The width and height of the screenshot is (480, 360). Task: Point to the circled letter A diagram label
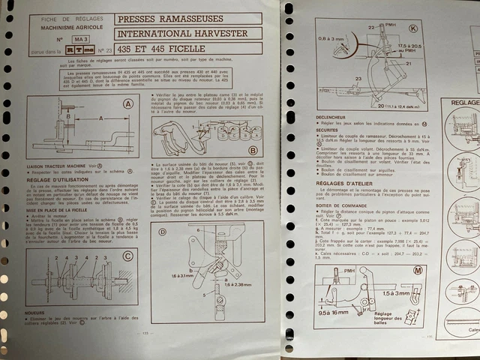[x=128, y=103]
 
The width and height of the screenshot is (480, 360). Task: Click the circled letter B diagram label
[x=252, y=150]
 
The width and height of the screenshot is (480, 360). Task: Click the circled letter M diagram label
[x=418, y=269]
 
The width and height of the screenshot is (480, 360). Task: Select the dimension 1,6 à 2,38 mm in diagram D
[x=244, y=285]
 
